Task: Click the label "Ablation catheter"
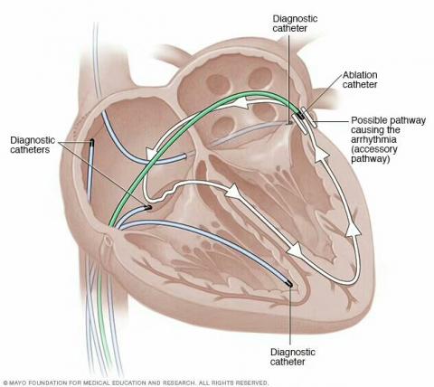click(x=360, y=80)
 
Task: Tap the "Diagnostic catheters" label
click(x=33, y=145)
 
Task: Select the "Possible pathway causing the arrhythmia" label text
click(x=388, y=129)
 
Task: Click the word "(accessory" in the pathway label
click(x=374, y=149)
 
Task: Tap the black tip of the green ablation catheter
click(x=300, y=115)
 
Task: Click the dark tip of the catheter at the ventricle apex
click(x=288, y=284)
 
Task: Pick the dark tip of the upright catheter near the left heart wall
click(x=91, y=142)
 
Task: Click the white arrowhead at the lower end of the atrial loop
click(x=150, y=154)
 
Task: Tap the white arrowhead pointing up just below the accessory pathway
click(x=321, y=155)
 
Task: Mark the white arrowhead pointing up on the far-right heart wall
click(x=353, y=230)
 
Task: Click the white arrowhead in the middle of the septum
click(x=234, y=191)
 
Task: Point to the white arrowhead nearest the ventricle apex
click(x=296, y=250)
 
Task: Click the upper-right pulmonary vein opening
click(x=260, y=78)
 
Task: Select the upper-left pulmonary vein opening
click(x=218, y=84)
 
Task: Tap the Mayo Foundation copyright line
click(x=135, y=383)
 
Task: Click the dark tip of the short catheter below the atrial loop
click(x=147, y=207)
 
